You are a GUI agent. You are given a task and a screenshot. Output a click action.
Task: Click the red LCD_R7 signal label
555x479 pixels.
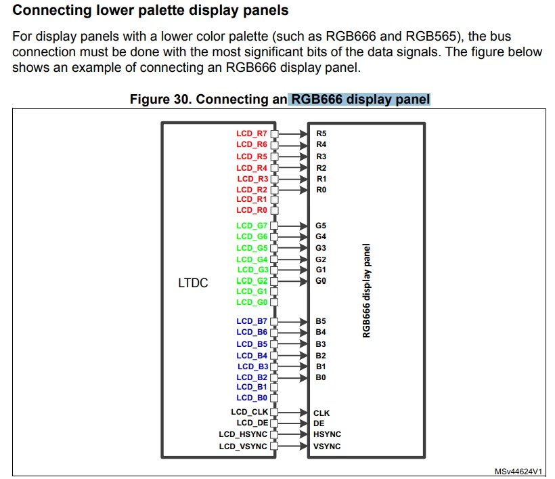(252, 133)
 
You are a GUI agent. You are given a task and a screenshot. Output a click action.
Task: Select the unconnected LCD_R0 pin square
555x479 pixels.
(274, 211)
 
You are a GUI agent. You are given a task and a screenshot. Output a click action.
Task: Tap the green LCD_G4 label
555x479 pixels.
(252, 259)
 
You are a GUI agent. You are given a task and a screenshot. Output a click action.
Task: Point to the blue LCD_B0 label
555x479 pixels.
(252, 398)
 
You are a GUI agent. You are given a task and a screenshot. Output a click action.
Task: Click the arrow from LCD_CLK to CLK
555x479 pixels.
(292, 412)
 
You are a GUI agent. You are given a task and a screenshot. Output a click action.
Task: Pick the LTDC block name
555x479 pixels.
(193, 283)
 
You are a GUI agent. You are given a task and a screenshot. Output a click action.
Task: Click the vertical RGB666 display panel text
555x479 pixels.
(366, 291)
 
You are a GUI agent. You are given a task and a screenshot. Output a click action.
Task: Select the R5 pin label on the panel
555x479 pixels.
(321, 133)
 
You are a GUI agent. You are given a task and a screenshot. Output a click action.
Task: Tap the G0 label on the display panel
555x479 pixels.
(321, 281)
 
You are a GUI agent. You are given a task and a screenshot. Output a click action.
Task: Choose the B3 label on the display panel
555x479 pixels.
(321, 344)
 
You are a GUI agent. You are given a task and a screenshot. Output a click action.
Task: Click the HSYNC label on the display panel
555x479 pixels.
(327, 434)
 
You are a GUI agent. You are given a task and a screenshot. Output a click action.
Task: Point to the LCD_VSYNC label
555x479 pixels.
(243, 446)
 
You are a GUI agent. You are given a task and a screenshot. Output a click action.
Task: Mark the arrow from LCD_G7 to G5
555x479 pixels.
(292, 226)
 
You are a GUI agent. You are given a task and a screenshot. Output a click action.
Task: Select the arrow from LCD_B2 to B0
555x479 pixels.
(292, 377)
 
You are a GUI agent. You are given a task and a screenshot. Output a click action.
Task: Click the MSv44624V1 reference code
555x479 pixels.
(518, 471)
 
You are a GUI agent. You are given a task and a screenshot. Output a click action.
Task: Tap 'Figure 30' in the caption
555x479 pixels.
(161, 99)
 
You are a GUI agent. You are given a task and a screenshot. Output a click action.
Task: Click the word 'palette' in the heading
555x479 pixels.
(160, 11)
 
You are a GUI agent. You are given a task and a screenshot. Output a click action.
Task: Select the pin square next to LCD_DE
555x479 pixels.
(274, 423)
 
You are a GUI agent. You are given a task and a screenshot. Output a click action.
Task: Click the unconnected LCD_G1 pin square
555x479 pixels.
(274, 291)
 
